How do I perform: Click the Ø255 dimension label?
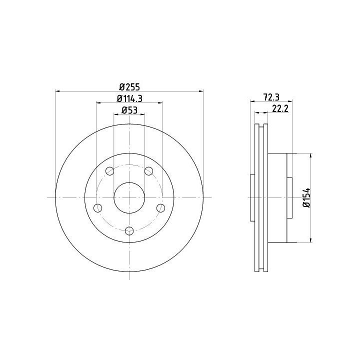[x=129, y=87]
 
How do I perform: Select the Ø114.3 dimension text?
[x=129, y=98]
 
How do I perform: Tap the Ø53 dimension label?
[x=129, y=110]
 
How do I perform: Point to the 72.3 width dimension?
[x=271, y=97]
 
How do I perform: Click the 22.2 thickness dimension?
[x=280, y=108]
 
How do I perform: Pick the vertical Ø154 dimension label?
[x=306, y=197]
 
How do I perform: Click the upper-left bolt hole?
[x=109, y=171]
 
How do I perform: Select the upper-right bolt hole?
[x=149, y=171]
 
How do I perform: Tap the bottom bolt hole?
[x=129, y=230]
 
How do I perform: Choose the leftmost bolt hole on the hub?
[x=98, y=208]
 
